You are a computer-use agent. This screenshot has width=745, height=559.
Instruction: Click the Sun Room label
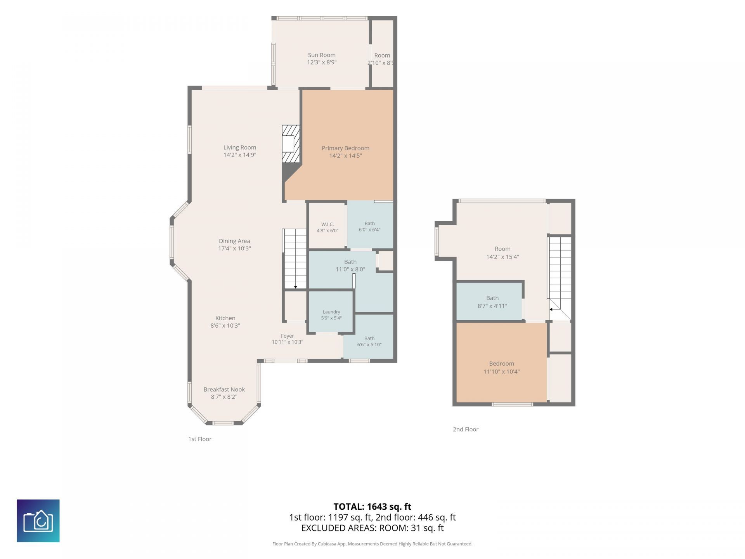point(322,55)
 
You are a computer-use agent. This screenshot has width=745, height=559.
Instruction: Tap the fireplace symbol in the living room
point(291,144)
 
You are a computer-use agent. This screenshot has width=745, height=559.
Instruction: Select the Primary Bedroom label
point(345,148)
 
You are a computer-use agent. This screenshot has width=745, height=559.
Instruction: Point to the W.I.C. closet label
point(327,224)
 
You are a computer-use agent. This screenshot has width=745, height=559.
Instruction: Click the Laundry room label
point(331,312)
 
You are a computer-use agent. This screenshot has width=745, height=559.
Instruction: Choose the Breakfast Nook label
point(224,389)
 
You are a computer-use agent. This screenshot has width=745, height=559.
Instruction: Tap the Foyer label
point(288,336)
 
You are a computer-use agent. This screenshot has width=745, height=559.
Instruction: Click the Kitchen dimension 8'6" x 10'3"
point(225,326)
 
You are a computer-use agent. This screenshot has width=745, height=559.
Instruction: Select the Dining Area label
point(234,241)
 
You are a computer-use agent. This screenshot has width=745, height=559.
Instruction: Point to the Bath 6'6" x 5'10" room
point(369,336)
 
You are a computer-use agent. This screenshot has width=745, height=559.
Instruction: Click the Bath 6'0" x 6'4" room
point(370,225)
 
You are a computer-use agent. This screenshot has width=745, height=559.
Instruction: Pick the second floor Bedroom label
point(501,364)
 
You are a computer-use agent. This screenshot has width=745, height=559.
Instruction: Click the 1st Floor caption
point(200,439)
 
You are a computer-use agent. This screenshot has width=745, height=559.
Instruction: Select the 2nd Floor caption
point(466,429)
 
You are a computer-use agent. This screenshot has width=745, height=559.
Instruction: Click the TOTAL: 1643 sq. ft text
point(372,507)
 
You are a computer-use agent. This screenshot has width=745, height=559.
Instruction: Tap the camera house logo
point(38,521)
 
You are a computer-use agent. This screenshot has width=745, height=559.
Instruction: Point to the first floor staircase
point(295,259)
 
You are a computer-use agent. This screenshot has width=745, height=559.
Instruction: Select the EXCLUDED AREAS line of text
point(372,528)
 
